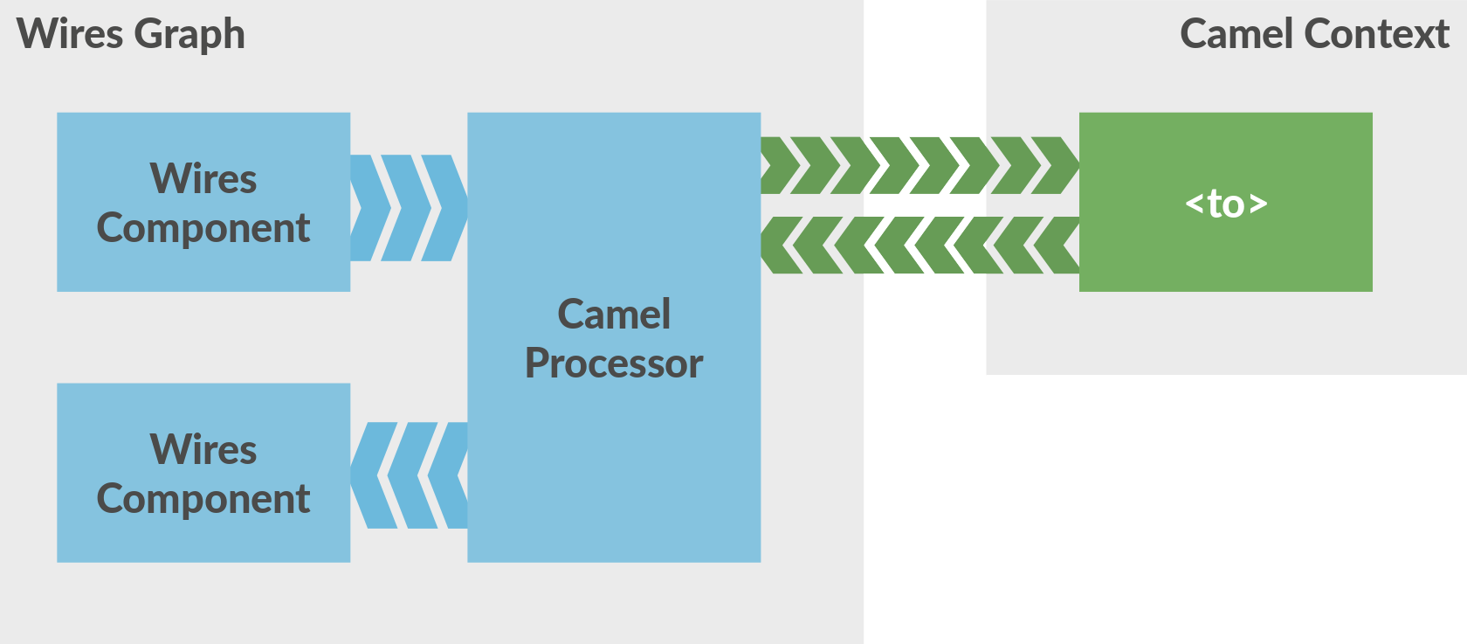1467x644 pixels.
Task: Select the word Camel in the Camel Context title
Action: coord(1235,34)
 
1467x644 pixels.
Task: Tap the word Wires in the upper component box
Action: coord(203,178)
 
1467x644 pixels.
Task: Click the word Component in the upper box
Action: coord(203,229)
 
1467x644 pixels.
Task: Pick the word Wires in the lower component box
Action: coord(203,449)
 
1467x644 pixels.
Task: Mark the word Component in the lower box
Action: coord(203,500)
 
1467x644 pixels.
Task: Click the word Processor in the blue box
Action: coord(614,364)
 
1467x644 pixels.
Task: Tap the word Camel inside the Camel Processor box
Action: coord(614,314)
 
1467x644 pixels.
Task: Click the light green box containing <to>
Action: coord(1226,253)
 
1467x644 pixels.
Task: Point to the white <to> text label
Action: coord(1226,204)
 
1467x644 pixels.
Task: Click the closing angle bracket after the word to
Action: coord(1258,204)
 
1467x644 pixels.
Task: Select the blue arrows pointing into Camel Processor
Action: coord(409,208)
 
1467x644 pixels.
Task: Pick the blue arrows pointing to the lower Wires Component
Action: coord(409,475)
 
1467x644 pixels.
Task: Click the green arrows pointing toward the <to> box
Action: coord(919,165)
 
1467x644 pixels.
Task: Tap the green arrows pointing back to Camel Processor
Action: coord(919,246)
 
